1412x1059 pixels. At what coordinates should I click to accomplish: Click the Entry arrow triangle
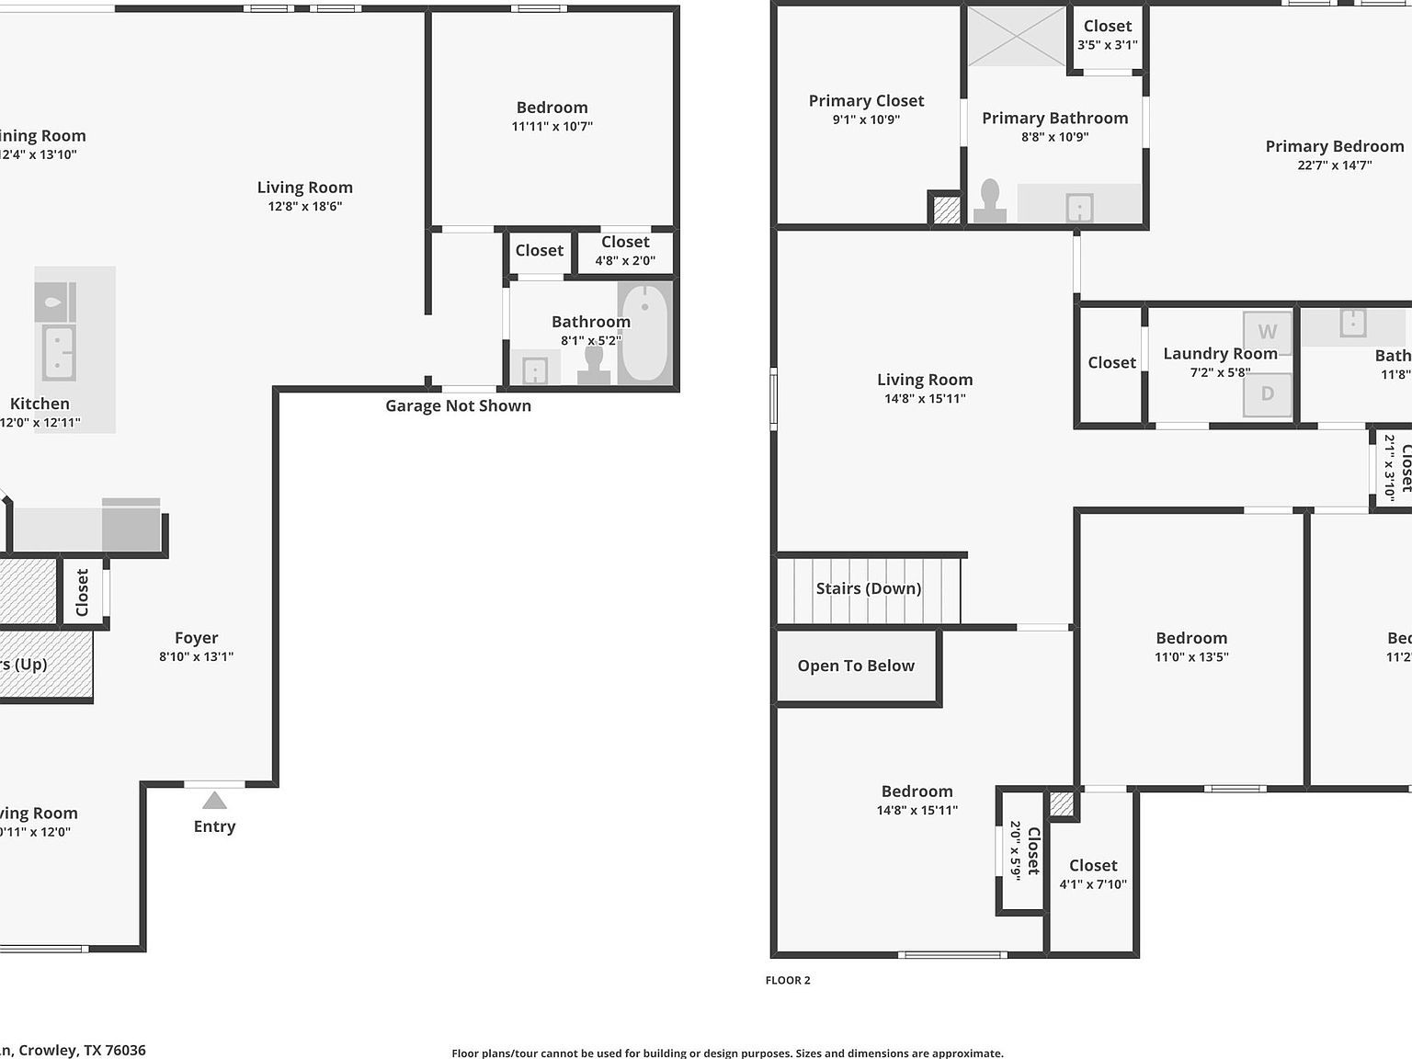[x=214, y=801]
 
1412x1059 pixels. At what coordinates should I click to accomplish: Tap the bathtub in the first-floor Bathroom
[x=644, y=333]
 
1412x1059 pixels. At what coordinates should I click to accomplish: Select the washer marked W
[x=1267, y=332]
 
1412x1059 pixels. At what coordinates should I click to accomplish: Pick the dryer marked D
[x=1267, y=394]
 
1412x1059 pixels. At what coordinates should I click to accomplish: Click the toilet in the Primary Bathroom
[x=989, y=201]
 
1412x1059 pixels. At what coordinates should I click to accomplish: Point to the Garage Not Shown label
[x=458, y=405]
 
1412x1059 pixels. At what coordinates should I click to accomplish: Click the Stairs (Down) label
[x=868, y=588]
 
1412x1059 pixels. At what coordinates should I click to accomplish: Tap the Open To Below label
[x=856, y=666]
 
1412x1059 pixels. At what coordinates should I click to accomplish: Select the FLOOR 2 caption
[x=788, y=980]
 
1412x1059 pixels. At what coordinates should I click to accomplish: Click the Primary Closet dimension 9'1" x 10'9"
[x=866, y=120]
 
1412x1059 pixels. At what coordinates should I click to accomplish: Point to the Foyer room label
[x=197, y=637]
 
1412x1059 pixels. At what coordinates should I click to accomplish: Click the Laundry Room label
[x=1220, y=353]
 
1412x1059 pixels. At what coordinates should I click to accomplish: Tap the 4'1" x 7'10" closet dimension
[x=1093, y=884]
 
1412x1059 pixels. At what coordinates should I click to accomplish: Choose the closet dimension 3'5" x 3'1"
[x=1108, y=44]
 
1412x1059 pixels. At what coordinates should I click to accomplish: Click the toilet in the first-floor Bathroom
[x=594, y=365]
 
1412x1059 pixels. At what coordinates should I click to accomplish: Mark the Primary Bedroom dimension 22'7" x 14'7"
[x=1334, y=165]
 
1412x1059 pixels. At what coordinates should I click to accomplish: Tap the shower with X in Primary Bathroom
[x=1016, y=36]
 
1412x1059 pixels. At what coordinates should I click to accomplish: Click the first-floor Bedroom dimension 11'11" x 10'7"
[x=552, y=127]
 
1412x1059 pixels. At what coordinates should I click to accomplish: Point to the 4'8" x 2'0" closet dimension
[x=625, y=260]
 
